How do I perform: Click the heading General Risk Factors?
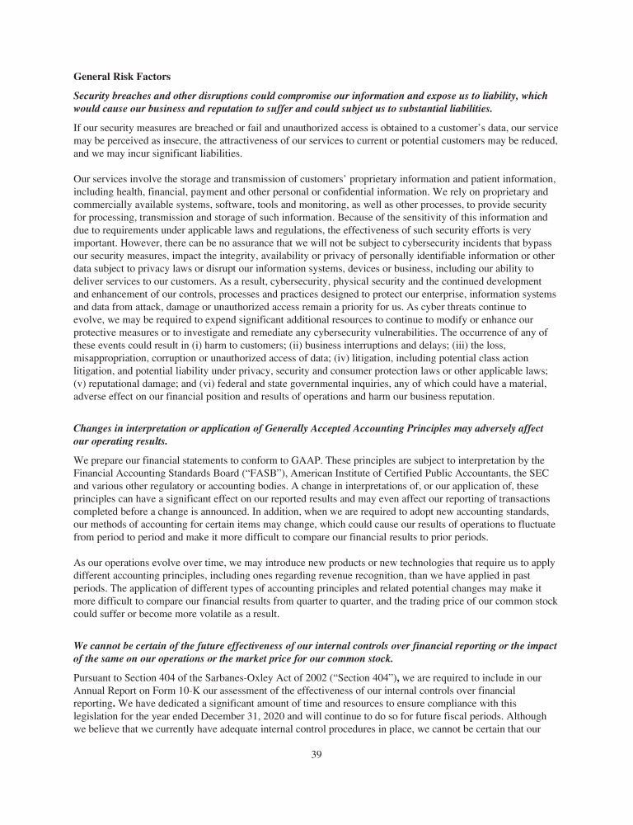(x=122, y=77)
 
